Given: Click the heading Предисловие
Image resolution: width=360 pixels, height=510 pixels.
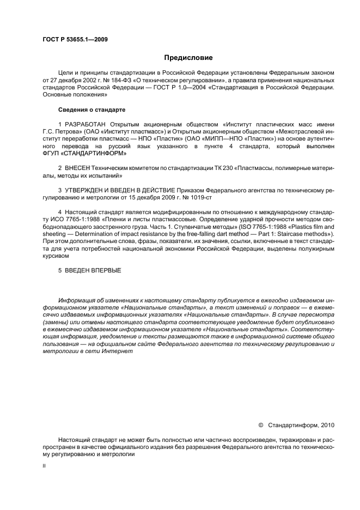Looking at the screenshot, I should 188,58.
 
